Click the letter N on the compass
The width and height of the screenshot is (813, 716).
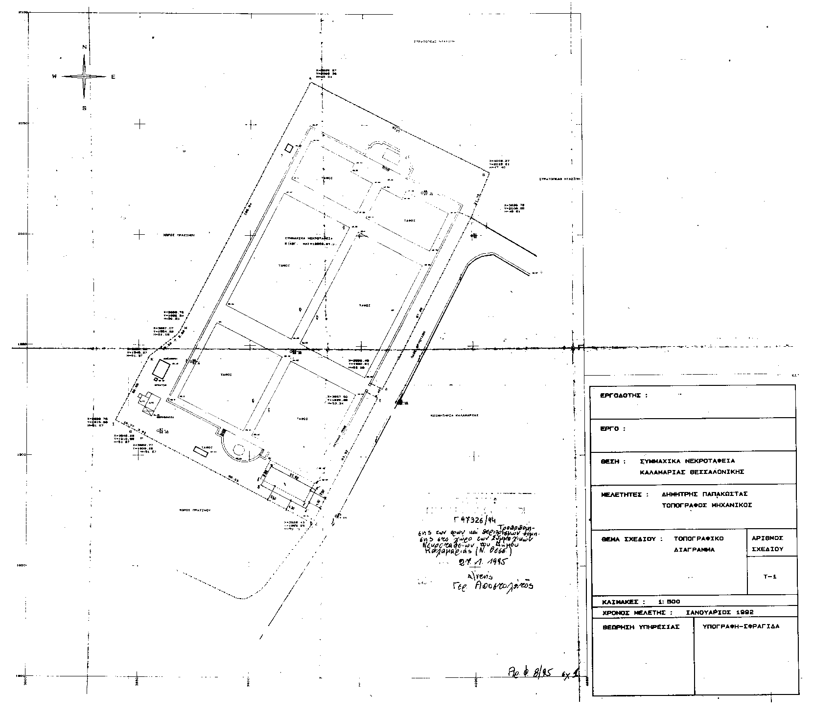pos(84,47)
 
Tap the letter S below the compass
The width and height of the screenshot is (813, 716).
pos(84,109)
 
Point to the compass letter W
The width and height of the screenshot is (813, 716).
pos(55,77)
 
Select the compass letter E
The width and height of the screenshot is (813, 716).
pos(113,77)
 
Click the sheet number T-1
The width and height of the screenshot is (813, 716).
pos(770,577)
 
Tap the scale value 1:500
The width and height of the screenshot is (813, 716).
pos(666,602)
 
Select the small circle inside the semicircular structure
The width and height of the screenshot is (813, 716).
pos(238,449)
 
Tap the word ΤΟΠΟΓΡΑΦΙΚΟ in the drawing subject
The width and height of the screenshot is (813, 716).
pos(698,538)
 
